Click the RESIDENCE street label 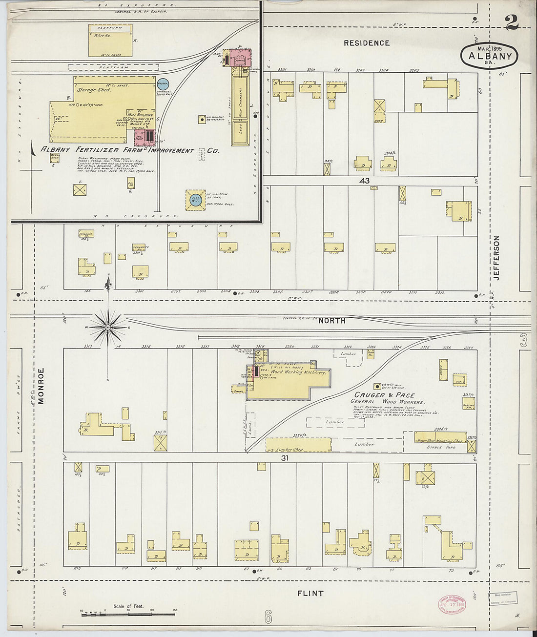tap(366, 43)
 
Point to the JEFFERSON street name tap(497, 258)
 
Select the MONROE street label tap(41, 386)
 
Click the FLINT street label tap(310, 594)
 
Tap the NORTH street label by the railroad tap(331, 321)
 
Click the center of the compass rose tap(108, 327)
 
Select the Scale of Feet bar tap(129, 611)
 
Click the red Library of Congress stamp tap(451, 604)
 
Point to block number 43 tap(365, 181)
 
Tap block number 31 tap(285, 458)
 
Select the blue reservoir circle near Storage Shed tap(163, 85)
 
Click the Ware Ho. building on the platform tap(110, 40)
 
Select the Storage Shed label tap(94, 90)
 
